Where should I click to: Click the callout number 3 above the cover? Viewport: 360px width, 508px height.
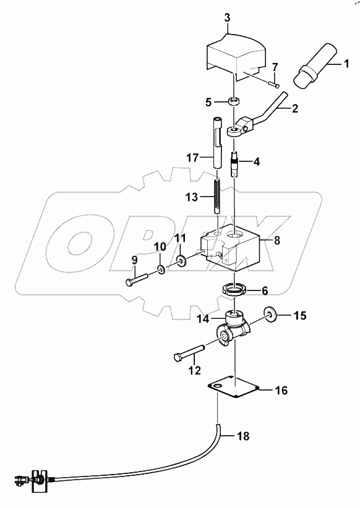pyautogui.click(x=227, y=19)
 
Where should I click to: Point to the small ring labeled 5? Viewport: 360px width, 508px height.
pyautogui.click(x=234, y=101)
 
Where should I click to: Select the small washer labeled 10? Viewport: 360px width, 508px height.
pyautogui.click(x=160, y=269)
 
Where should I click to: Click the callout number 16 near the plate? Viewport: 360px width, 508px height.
pyautogui.click(x=281, y=390)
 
